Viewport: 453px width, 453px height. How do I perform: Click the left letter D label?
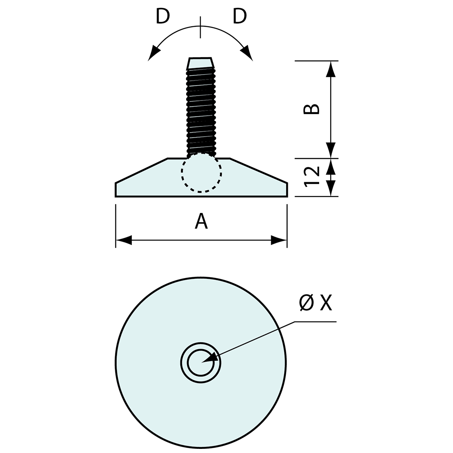tap(163, 16)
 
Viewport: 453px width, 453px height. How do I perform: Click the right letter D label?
tap(240, 16)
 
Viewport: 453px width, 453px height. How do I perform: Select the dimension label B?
tap(312, 108)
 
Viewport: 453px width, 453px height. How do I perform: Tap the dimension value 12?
tap(312, 177)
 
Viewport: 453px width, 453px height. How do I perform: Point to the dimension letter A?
tap(201, 221)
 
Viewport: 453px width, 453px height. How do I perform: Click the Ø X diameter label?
tap(315, 303)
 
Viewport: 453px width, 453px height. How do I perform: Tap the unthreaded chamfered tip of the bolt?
tap(201, 63)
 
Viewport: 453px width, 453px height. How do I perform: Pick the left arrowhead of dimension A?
tap(124, 240)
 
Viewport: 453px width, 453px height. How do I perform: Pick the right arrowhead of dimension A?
tap(278, 240)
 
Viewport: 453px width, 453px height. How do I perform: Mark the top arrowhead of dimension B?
tap(331, 69)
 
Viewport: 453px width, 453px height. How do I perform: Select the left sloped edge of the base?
tap(141, 170)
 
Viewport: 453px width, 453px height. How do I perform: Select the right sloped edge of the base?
tap(258, 170)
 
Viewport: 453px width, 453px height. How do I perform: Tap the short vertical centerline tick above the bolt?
tap(201, 27)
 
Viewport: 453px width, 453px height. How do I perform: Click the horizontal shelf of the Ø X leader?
tap(315, 321)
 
